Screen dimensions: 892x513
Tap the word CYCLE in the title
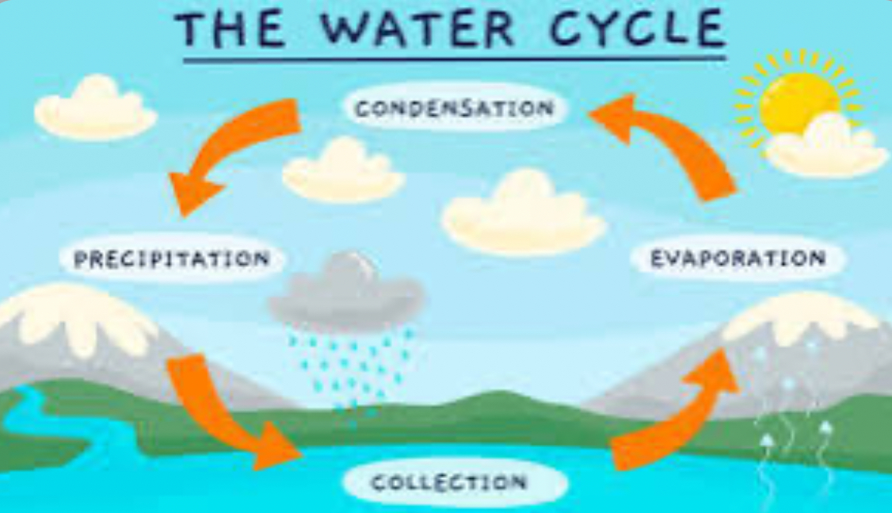637,29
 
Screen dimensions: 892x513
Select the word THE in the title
231,29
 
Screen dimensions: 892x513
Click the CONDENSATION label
454,108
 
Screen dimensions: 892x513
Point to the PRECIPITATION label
172,259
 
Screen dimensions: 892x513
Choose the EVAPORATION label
738,258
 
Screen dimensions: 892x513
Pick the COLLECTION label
449,483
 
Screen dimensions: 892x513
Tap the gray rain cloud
346,290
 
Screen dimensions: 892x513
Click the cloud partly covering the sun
825,148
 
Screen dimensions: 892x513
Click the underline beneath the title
455,58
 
